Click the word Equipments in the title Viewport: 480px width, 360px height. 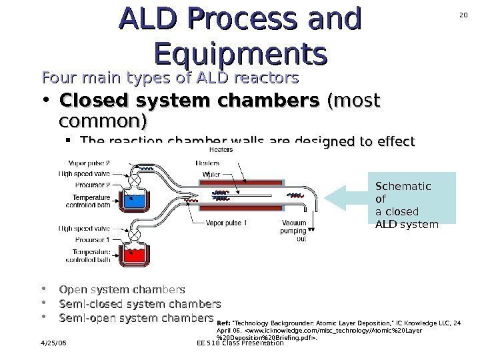(x=240, y=51)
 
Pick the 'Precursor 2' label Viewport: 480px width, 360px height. (x=92, y=185)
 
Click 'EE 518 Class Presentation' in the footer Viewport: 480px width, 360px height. (x=241, y=343)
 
